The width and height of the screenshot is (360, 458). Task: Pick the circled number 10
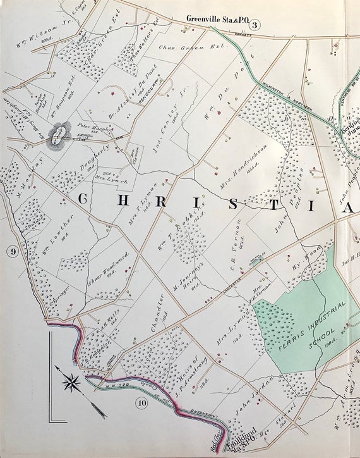coord(141,402)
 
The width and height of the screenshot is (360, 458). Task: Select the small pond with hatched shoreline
coord(58,137)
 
